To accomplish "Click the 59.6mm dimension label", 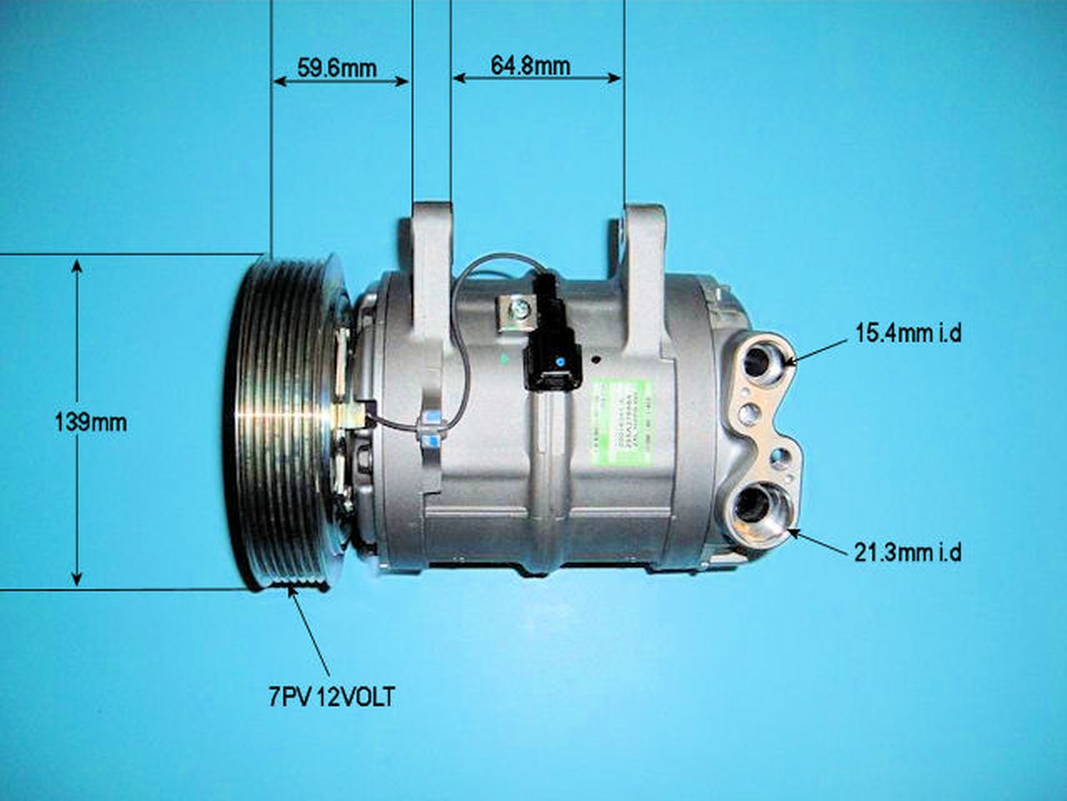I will [x=337, y=68].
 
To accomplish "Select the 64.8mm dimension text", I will [x=530, y=65].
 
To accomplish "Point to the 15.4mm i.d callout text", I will [x=909, y=333].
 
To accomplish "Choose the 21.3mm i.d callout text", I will [x=909, y=552].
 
